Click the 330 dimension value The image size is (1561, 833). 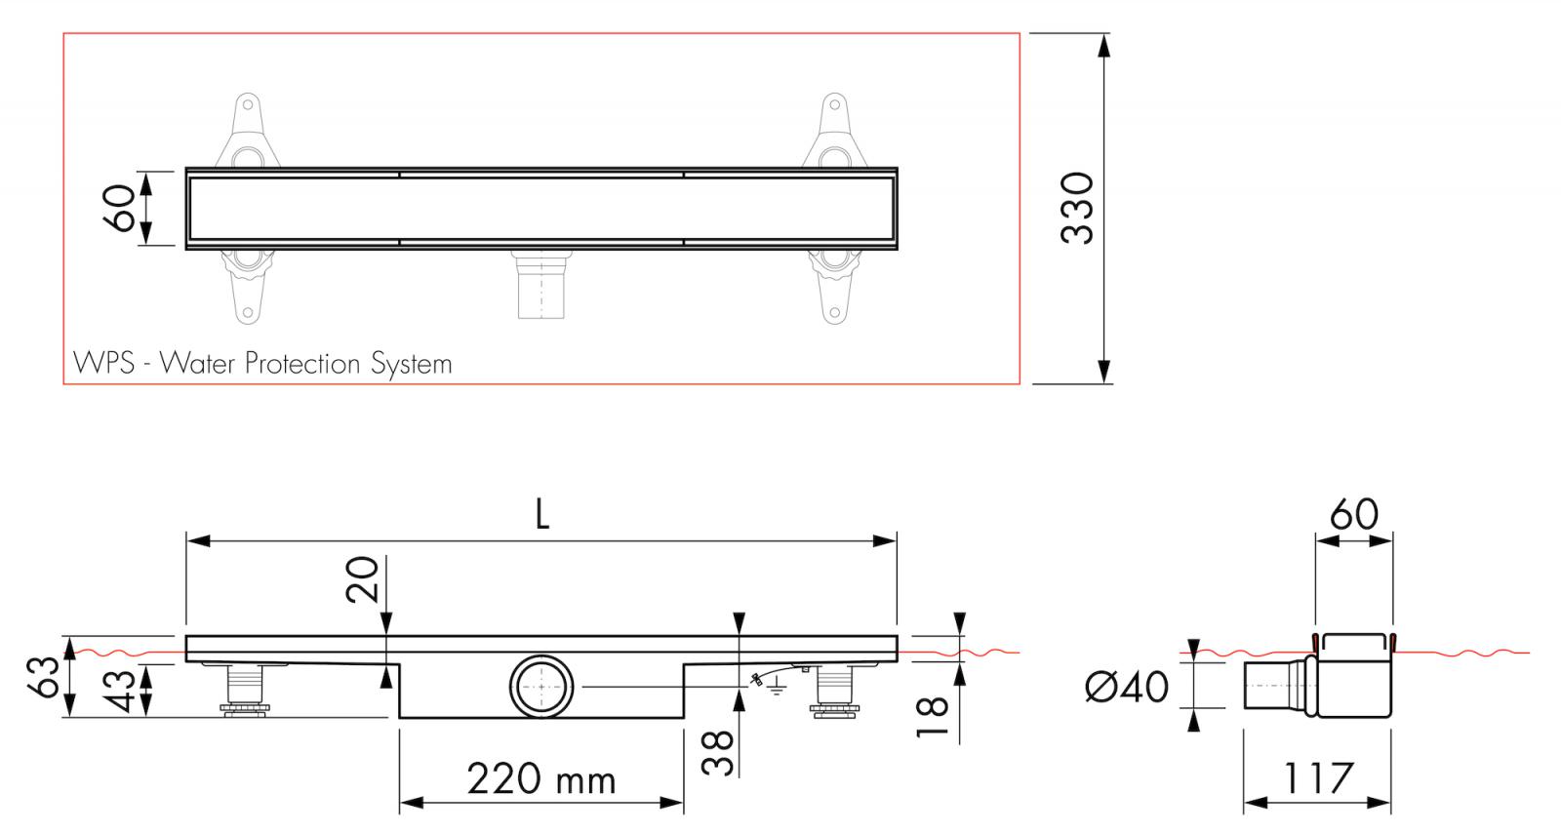pos(1078,208)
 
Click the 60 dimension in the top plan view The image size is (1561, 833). pos(124,208)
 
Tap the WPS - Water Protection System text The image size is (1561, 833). pos(263,364)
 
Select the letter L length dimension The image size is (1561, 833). pos(542,515)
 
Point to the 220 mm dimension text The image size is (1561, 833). pos(541,779)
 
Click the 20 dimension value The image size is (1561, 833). pos(362,579)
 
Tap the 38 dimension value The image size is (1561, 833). pos(718,752)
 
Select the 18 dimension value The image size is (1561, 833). pos(935,718)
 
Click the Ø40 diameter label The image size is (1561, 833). pos(1127,687)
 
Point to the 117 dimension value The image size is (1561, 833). pos(1316,777)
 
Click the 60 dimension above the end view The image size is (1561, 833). pos(1353,514)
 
